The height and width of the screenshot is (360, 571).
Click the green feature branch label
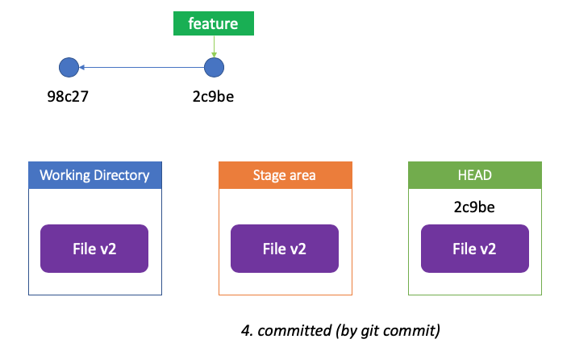214,23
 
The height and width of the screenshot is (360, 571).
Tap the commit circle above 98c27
69,68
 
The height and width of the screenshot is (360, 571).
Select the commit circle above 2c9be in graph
215,68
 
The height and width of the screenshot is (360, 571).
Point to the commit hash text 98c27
68,97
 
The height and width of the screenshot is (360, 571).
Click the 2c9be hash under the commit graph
213,97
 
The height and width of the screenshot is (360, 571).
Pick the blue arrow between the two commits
142,68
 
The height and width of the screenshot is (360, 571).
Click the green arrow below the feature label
215,46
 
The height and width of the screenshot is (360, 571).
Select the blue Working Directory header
95,175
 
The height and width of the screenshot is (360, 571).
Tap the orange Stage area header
285,175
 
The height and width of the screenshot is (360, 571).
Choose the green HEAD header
475,175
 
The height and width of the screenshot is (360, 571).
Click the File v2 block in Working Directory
94,249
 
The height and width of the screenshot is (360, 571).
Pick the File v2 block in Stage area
285,249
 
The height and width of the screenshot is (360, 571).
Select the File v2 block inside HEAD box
475,249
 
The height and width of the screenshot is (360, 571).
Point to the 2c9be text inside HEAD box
474,207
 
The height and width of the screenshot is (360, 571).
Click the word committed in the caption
294,331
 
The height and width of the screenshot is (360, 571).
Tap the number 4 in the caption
246,331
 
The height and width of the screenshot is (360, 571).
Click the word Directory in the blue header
122,176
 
